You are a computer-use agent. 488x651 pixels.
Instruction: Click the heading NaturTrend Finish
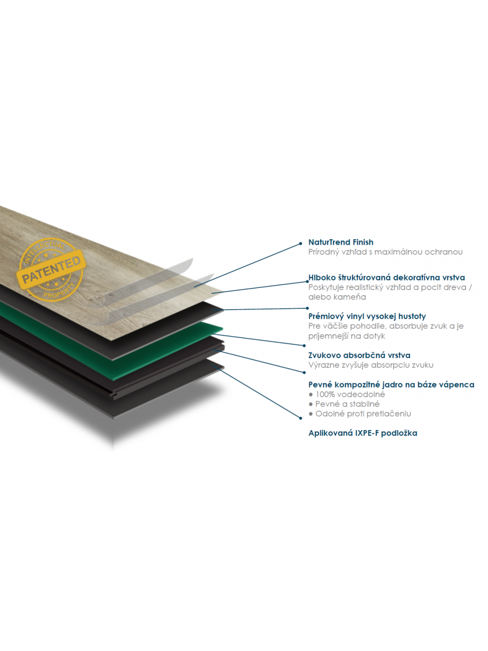(x=341, y=242)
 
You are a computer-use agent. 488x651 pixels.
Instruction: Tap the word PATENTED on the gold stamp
(x=51, y=269)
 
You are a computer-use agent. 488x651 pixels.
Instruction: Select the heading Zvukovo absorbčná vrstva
(x=359, y=355)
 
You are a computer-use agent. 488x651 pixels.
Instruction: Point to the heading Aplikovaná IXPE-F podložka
(x=363, y=433)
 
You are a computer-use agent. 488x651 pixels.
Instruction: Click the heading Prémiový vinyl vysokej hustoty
(x=367, y=317)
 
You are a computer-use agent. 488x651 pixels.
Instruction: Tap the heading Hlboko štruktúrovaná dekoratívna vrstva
(x=387, y=278)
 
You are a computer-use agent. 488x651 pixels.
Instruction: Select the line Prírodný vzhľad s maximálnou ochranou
(x=386, y=252)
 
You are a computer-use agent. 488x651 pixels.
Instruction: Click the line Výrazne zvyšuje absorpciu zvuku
(x=370, y=365)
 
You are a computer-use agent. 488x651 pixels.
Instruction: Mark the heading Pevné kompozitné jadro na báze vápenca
(x=391, y=384)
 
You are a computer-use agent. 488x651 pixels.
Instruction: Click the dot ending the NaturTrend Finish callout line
(x=301, y=243)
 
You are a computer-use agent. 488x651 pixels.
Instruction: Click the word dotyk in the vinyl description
(x=374, y=336)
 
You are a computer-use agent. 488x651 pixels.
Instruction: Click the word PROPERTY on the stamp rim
(x=60, y=290)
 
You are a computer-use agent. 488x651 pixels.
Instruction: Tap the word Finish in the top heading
(x=363, y=242)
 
